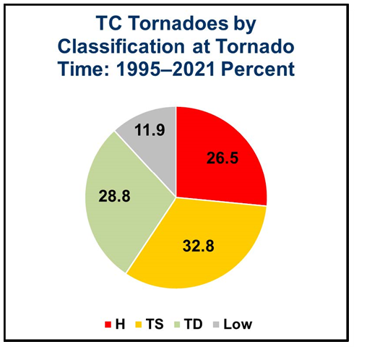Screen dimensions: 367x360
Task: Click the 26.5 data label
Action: [x=223, y=158]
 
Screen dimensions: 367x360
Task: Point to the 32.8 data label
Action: [x=199, y=246]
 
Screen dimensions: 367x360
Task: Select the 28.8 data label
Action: [x=114, y=196]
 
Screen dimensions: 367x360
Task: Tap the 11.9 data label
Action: [x=150, y=130]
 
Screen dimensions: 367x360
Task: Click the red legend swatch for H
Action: [x=108, y=325]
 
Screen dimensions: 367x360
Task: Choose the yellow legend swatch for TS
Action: [x=138, y=325]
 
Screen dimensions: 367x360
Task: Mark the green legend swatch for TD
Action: [x=177, y=325]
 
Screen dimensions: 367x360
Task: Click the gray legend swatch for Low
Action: [x=216, y=325]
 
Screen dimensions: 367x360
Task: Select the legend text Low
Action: [x=238, y=325]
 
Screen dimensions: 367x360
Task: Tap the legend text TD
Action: [x=194, y=325]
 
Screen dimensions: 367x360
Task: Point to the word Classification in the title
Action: [x=121, y=46]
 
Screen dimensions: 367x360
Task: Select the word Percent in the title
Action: [x=258, y=69]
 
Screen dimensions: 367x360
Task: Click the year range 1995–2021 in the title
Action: [x=165, y=69]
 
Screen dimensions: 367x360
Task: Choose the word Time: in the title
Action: [x=85, y=69]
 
